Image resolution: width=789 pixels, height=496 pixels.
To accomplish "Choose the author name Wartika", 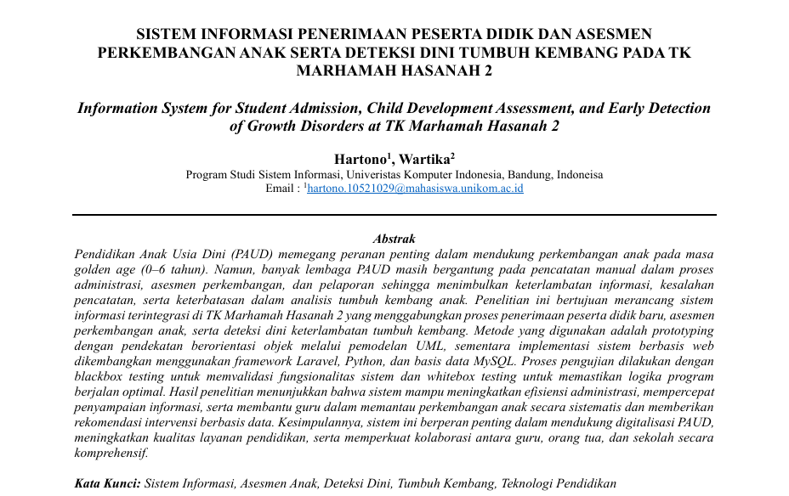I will click(x=427, y=158).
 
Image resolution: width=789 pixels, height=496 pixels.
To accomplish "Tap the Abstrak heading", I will click(x=394, y=240).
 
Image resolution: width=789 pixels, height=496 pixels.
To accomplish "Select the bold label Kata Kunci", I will click(x=107, y=483).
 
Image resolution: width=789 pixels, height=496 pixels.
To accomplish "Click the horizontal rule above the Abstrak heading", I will click(x=394, y=216).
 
